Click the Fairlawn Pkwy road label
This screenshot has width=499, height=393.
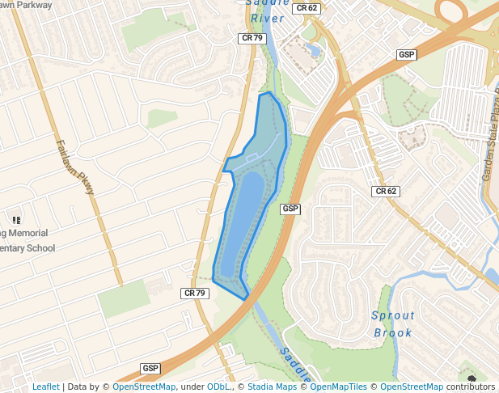pyautogui.click(x=76, y=168)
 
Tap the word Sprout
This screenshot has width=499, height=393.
pyautogui.click(x=393, y=316)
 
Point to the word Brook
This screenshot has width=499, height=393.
pyautogui.click(x=393, y=332)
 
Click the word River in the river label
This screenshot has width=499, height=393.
pyautogui.click(x=265, y=18)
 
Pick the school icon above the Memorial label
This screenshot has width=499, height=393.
pyautogui.click(x=15, y=219)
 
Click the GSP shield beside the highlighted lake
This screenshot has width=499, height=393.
pyautogui.click(x=290, y=209)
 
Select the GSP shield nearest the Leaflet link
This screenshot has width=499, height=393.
pyautogui.click(x=150, y=368)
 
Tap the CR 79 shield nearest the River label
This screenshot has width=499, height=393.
pyautogui.click(x=252, y=38)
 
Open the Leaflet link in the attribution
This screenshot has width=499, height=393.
pyautogui.click(x=46, y=387)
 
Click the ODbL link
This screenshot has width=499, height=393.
pyautogui.click(x=219, y=387)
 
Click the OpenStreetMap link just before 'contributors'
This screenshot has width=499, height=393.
pyautogui.click(x=412, y=387)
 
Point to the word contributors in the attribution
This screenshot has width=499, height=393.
pyautogui.click(x=471, y=387)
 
